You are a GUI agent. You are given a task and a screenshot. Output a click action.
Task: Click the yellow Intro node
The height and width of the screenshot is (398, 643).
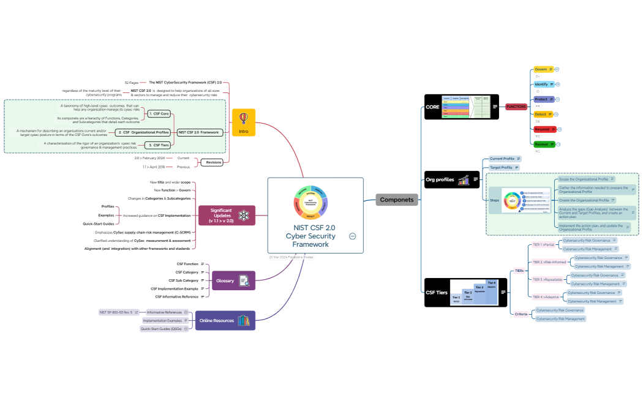[243, 122]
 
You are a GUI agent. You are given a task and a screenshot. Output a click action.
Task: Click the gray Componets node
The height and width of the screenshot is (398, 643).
[396, 200]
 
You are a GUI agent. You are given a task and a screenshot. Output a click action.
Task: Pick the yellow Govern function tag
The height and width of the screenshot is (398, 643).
[541, 69]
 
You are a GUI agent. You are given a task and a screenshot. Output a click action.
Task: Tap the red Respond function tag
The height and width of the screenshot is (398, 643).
[543, 129]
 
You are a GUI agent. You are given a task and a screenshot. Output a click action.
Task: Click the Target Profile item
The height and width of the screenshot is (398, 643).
[502, 167]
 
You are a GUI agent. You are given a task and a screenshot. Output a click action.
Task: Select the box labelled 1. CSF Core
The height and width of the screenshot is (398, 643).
[159, 114]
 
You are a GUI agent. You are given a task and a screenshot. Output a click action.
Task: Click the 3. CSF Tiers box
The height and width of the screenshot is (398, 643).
[159, 145]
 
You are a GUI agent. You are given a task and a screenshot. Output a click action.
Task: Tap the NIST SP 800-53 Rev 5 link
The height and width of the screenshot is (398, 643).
[116, 312]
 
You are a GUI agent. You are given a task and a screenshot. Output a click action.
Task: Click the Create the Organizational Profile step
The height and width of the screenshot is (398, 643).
[584, 200]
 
